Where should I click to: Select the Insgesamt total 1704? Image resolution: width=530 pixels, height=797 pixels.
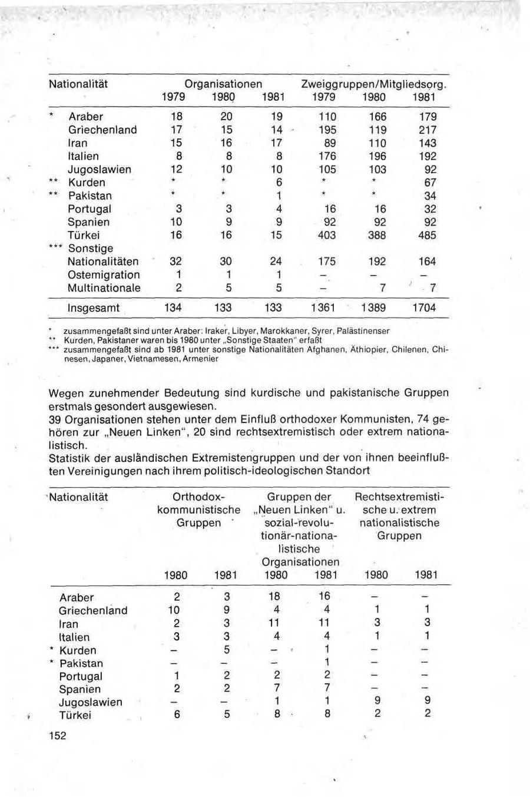point(425,308)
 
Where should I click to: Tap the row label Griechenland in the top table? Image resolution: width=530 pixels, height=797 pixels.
point(102,130)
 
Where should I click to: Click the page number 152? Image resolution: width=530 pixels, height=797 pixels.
point(58,736)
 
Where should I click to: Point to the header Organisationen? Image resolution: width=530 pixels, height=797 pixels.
point(223,84)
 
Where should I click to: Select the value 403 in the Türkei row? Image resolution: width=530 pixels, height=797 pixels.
point(326,236)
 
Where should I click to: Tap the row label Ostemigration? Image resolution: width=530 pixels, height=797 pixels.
point(104,275)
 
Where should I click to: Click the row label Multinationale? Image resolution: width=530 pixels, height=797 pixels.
point(104,288)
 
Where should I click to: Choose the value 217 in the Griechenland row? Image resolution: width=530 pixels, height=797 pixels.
point(428,130)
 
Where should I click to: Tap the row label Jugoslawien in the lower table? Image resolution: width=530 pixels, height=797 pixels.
point(91,702)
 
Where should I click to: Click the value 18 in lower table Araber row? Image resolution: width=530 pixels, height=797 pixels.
point(276,597)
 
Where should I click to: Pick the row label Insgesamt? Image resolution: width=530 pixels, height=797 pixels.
point(93,308)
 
